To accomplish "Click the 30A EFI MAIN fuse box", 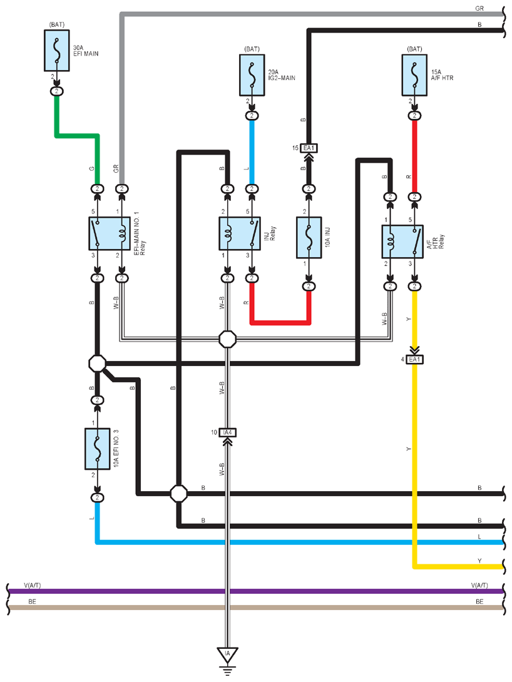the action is click(x=56, y=51).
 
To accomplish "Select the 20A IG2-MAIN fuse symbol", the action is click(x=252, y=75).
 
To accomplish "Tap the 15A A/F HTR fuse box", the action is click(x=414, y=75).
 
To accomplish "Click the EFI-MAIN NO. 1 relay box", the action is click(x=110, y=233).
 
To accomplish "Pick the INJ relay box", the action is click(x=240, y=233).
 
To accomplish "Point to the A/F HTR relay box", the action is click(x=402, y=242).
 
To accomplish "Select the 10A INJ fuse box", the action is click(x=309, y=238).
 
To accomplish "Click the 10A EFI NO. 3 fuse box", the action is click(x=98, y=449).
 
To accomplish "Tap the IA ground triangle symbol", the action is click(x=227, y=654).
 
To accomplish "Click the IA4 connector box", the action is click(x=227, y=432).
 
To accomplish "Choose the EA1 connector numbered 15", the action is click(x=309, y=148).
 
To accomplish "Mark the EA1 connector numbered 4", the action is click(x=414, y=360).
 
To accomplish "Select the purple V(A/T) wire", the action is click(x=256, y=591).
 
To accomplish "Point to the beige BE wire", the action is click(x=256, y=607).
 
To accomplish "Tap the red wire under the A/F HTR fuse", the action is click(x=414, y=156).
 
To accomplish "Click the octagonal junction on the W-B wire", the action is click(x=227, y=339).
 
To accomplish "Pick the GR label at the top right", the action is click(x=479, y=8).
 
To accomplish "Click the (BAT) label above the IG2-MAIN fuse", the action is click(x=252, y=49).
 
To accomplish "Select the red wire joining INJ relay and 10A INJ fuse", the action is click(x=280, y=323).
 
